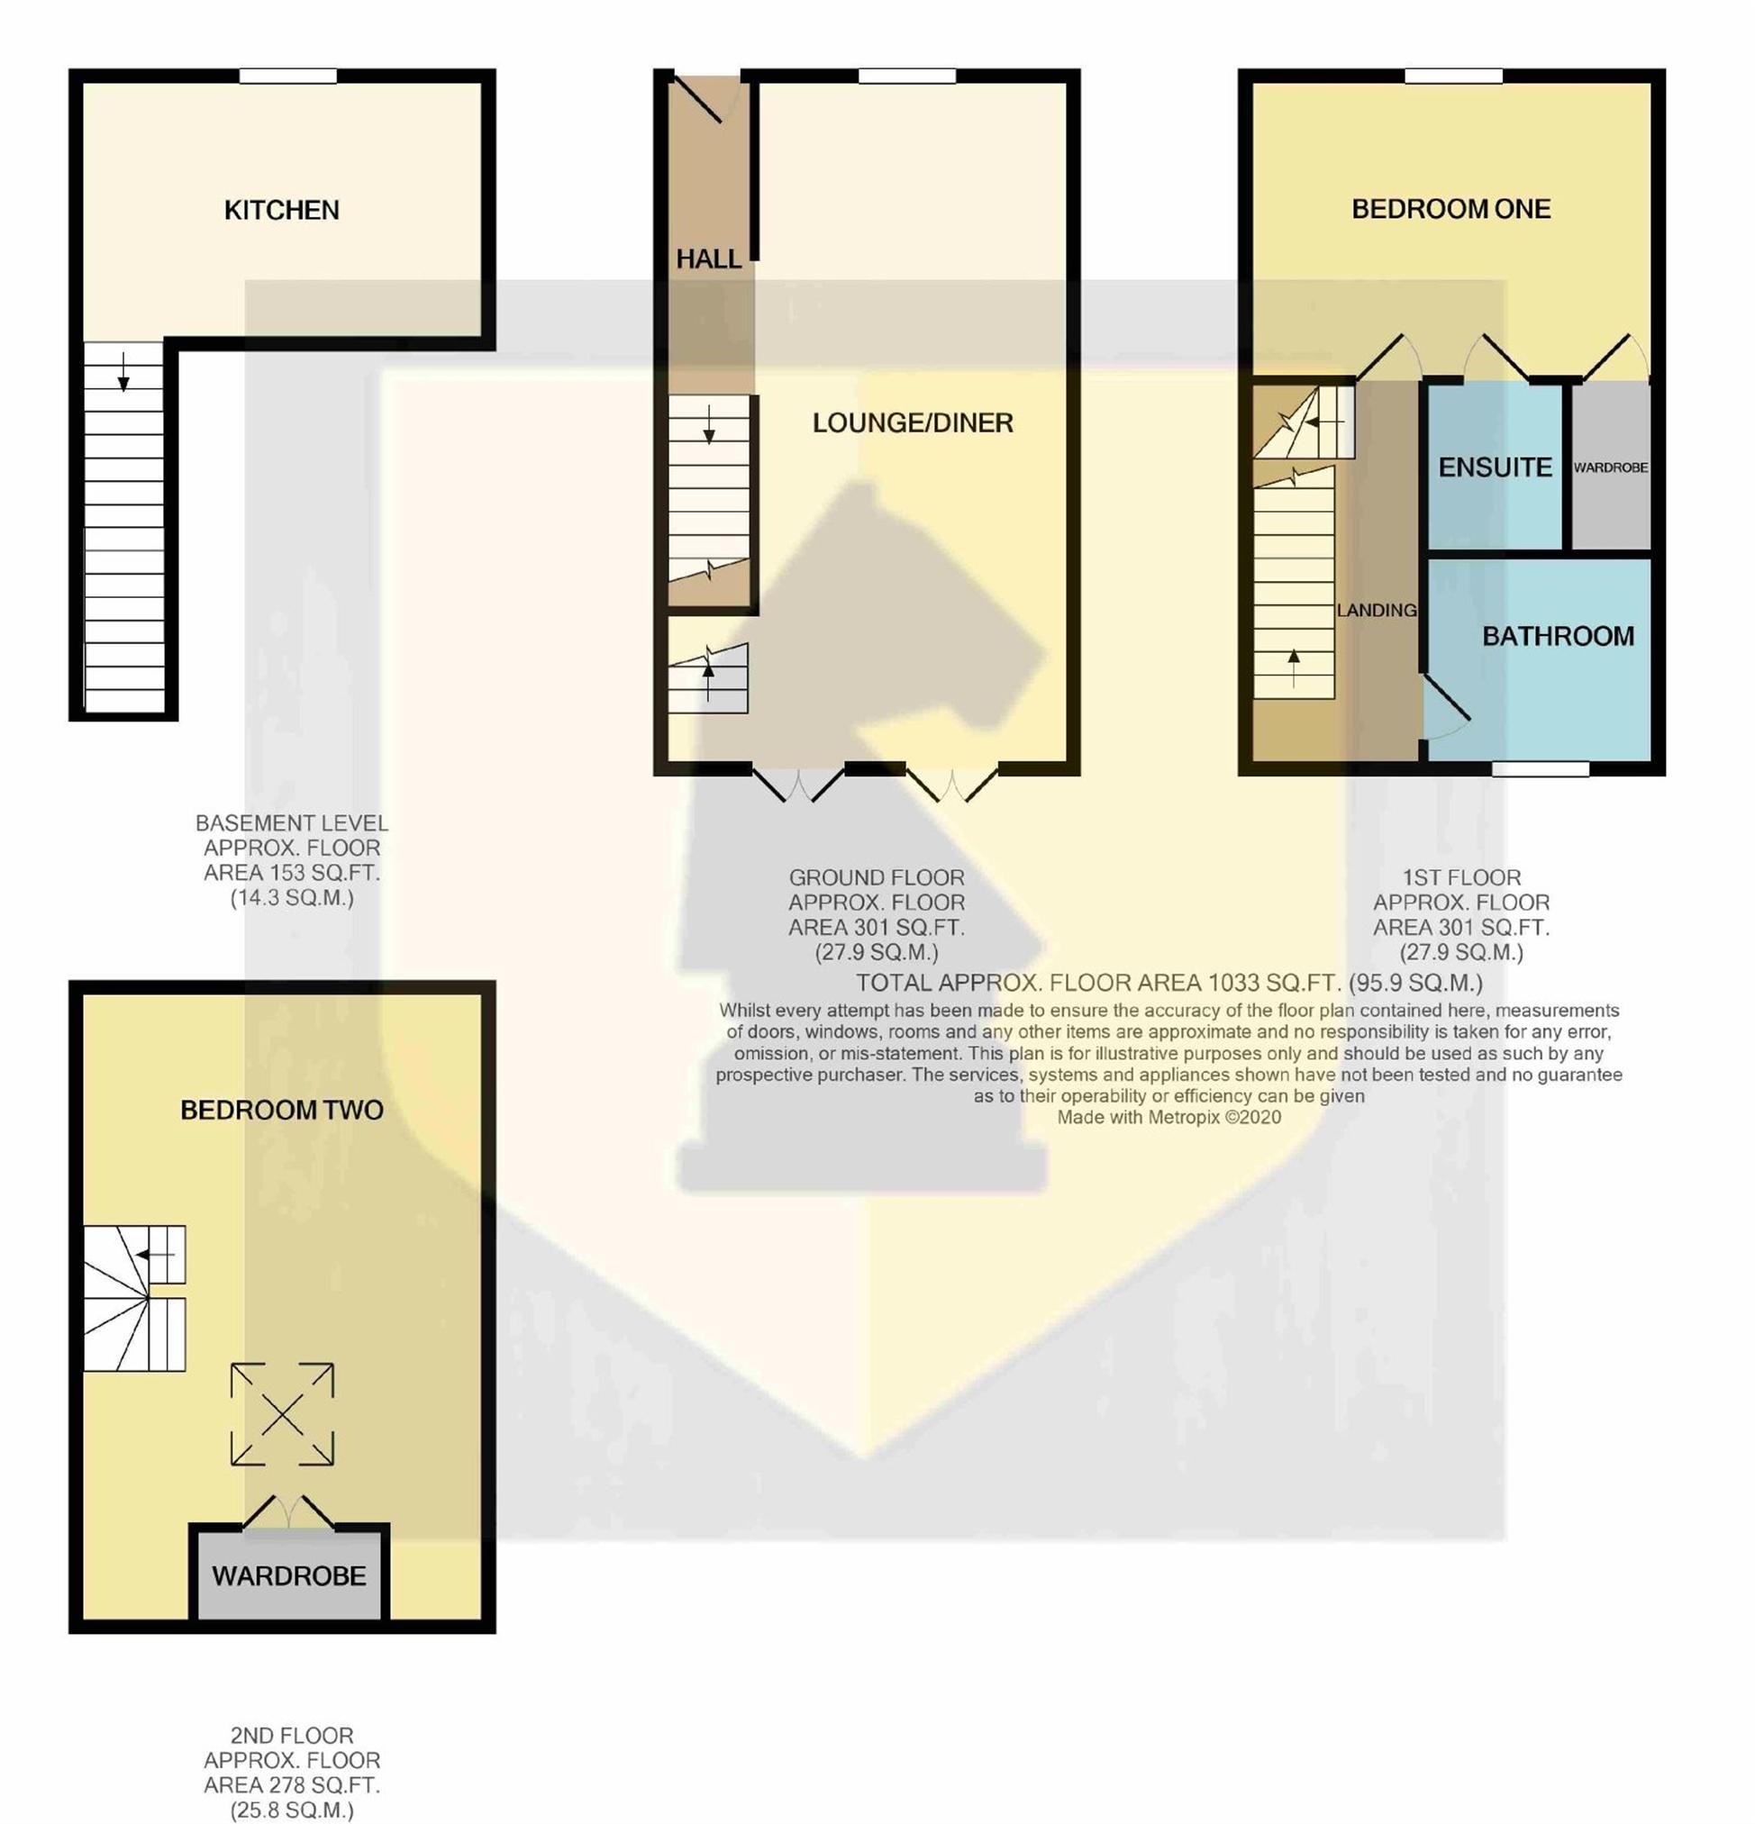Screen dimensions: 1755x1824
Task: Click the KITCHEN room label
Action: (x=281, y=210)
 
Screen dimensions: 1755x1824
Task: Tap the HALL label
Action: (x=708, y=259)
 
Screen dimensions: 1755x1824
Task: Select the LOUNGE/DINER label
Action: (x=913, y=423)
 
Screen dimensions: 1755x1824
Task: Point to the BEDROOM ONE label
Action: (x=1450, y=209)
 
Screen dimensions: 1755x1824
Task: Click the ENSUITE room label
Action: (x=1496, y=467)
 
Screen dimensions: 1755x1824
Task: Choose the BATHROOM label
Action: (x=1558, y=637)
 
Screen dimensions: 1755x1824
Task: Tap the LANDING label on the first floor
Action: (x=1376, y=611)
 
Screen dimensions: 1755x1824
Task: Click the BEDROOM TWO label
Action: (x=281, y=1111)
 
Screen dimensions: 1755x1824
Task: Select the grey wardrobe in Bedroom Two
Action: (x=288, y=1574)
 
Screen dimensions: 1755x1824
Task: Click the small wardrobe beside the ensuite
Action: (x=1611, y=467)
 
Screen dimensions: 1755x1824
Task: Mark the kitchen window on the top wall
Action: (x=287, y=77)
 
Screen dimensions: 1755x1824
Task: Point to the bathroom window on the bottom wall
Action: (x=1541, y=768)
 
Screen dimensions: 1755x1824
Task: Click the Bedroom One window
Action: (x=1453, y=77)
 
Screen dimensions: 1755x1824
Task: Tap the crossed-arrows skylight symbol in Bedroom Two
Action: (x=282, y=1414)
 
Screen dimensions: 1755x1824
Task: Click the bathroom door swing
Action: (x=1445, y=709)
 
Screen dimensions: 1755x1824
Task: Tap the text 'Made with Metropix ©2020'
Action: (x=1168, y=1118)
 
